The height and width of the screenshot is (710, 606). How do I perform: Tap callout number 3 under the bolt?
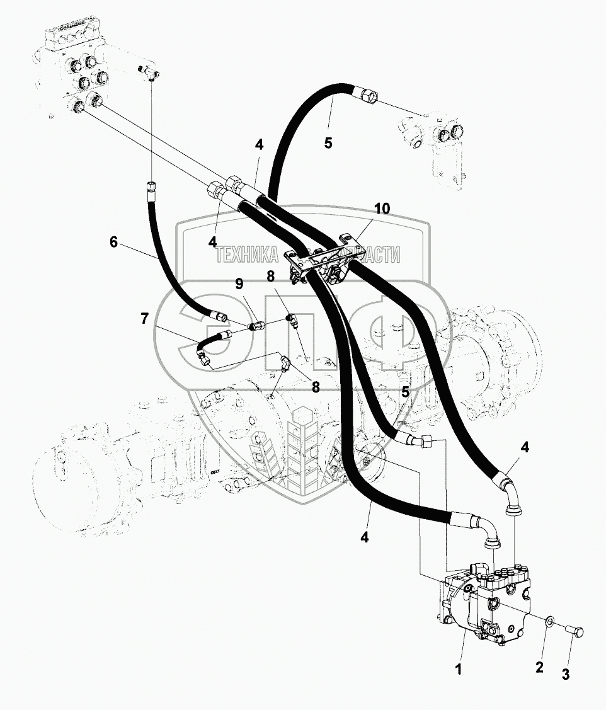coord(565,675)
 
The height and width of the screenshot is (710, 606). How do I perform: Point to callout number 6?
coord(113,241)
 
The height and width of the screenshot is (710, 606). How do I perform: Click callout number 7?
coord(145,319)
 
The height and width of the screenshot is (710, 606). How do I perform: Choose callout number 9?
coord(239,285)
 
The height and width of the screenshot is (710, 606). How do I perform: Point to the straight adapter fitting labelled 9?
coord(256,326)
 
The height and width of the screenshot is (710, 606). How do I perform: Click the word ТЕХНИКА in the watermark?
coord(246,255)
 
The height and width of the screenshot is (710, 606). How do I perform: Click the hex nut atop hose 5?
coord(370,95)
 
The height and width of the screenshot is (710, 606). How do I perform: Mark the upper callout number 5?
coord(328,142)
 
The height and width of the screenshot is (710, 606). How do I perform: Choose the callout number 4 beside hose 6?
coord(212,241)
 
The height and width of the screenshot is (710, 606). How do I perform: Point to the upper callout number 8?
coord(270,275)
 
